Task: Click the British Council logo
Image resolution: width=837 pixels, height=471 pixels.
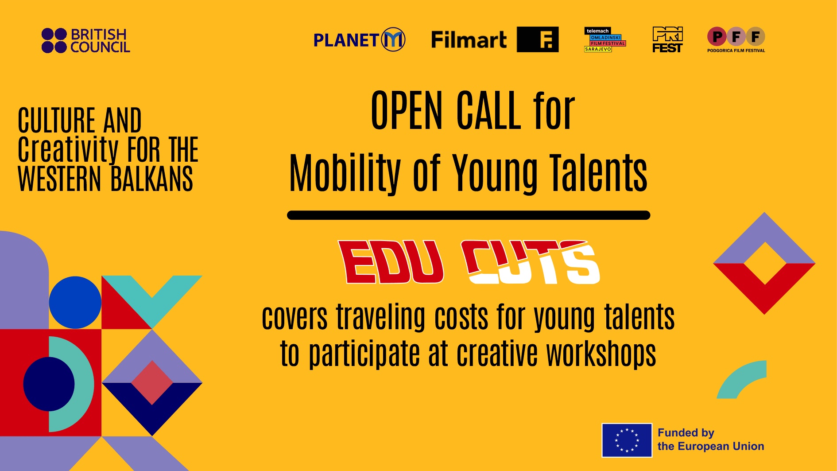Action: [x=85, y=41]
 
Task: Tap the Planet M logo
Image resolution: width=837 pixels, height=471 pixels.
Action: [x=359, y=39]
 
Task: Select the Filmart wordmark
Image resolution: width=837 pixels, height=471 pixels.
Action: [x=469, y=40]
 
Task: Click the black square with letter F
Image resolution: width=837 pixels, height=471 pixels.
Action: [x=538, y=39]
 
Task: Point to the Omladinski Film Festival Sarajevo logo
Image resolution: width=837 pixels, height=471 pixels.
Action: [x=605, y=39]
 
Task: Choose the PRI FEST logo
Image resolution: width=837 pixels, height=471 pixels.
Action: [x=667, y=39]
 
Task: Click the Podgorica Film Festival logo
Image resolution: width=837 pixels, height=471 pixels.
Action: [x=736, y=40]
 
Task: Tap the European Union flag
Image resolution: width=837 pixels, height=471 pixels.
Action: [x=627, y=440]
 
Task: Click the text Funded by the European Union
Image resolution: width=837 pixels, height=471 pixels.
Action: [x=711, y=440]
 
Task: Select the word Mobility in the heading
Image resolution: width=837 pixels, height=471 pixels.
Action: [x=345, y=173]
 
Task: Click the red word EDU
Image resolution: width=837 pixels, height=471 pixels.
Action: [x=391, y=262]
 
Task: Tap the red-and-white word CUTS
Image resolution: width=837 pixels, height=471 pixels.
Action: [x=531, y=262]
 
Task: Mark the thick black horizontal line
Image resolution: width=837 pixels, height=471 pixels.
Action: [x=469, y=215]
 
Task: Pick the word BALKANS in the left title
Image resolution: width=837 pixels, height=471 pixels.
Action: [x=152, y=179]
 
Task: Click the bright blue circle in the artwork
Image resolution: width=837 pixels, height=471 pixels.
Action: [x=75, y=303]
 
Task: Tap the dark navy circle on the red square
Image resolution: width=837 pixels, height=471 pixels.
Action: [x=49, y=384]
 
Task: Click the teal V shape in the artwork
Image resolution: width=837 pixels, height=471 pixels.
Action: [x=152, y=297]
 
